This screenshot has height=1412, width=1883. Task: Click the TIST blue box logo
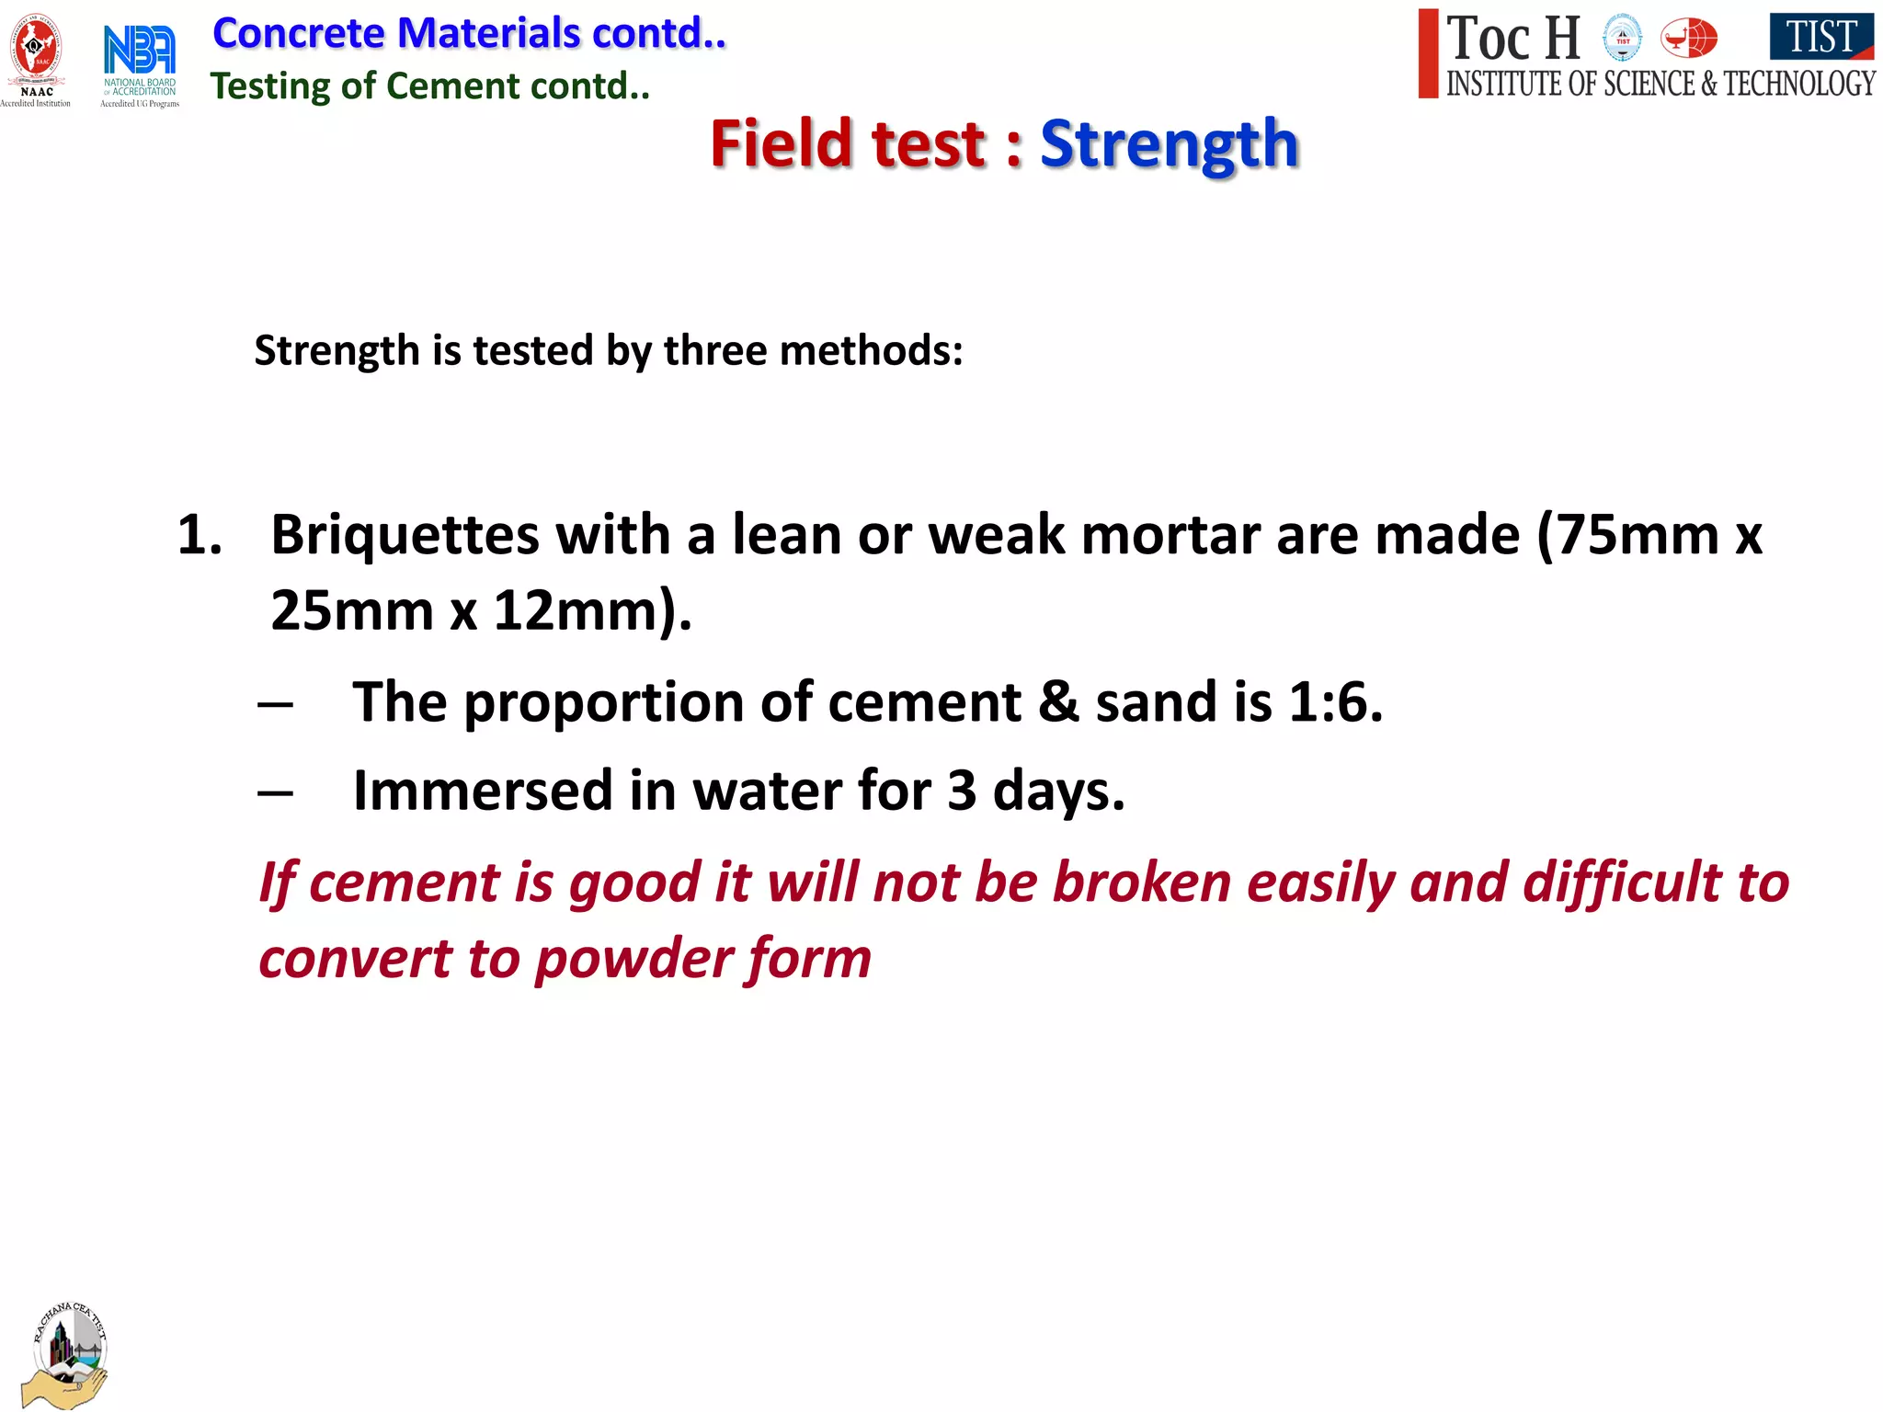(1820, 38)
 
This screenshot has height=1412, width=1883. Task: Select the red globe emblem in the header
(1688, 39)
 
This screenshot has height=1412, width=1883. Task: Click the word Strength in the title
(1169, 144)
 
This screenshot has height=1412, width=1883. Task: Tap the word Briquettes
(405, 535)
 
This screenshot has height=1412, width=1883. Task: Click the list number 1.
(200, 535)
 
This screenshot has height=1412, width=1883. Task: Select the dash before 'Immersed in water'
(276, 791)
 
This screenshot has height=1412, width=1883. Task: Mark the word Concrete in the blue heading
(298, 34)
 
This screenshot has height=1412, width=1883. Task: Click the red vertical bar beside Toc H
(1428, 53)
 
